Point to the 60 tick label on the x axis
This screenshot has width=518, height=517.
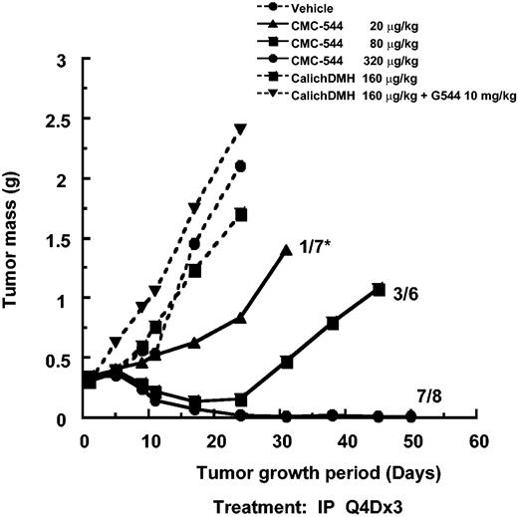tap(477, 440)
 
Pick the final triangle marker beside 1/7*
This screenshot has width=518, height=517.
tap(287, 250)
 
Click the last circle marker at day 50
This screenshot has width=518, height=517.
tap(411, 417)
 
